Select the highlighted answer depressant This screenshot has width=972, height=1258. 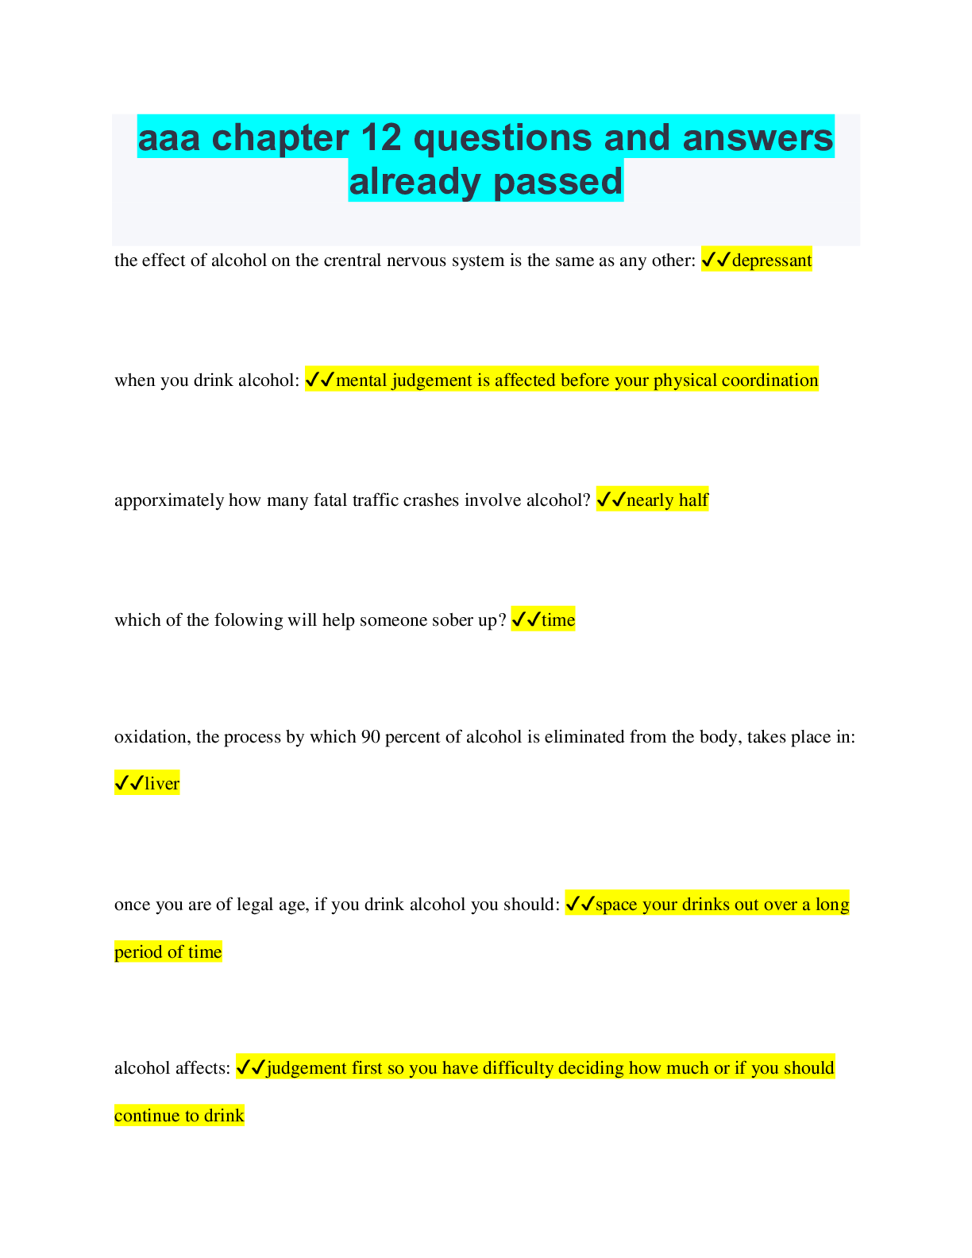[x=771, y=260]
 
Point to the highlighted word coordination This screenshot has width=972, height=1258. [x=769, y=380]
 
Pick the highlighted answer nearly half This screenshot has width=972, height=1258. [x=667, y=500]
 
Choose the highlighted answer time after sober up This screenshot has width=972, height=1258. [x=558, y=620]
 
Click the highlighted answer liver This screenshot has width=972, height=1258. [x=162, y=784]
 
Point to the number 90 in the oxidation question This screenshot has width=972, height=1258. [x=371, y=737]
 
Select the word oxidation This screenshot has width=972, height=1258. [x=151, y=737]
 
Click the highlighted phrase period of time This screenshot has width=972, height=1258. [x=168, y=952]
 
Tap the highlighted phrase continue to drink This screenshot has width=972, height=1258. [x=179, y=1116]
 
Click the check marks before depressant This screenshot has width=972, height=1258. [x=716, y=260]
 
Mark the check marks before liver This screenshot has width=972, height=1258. [x=129, y=784]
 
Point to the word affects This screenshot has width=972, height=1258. [x=202, y=1068]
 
